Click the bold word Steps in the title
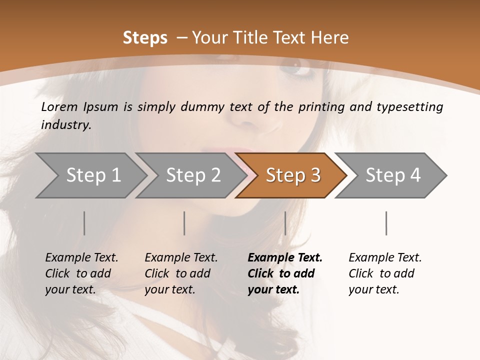click(145, 38)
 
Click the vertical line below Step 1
click(84, 223)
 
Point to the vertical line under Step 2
click(184, 223)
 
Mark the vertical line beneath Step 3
click(285, 223)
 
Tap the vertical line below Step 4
click(386, 223)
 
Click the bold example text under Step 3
click(284, 273)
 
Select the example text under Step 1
click(81, 273)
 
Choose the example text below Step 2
click(181, 273)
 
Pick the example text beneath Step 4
click(385, 273)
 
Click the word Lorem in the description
click(59, 106)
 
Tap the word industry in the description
click(65, 124)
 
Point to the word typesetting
click(409, 107)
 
